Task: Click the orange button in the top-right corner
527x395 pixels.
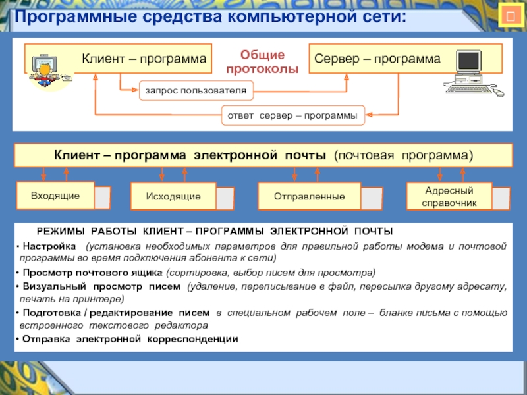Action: pyautogui.click(x=509, y=15)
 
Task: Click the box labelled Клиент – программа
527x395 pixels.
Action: pyautogui.click(x=144, y=59)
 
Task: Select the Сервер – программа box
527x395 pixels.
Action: pyautogui.click(x=377, y=59)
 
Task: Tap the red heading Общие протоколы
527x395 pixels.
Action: pyautogui.click(x=262, y=62)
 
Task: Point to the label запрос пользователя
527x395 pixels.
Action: pyautogui.click(x=196, y=90)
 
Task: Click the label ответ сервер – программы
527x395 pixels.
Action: pyautogui.click(x=292, y=115)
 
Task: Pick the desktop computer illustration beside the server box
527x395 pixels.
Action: pyautogui.click(x=471, y=74)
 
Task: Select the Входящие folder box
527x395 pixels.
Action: pyautogui.click(x=55, y=196)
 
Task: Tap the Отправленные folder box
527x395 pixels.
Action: pyautogui.click(x=310, y=197)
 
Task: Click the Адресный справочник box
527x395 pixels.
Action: pyautogui.click(x=450, y=197)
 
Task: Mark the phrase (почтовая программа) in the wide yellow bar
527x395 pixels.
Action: pyautogui.click(x=403, y=156)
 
